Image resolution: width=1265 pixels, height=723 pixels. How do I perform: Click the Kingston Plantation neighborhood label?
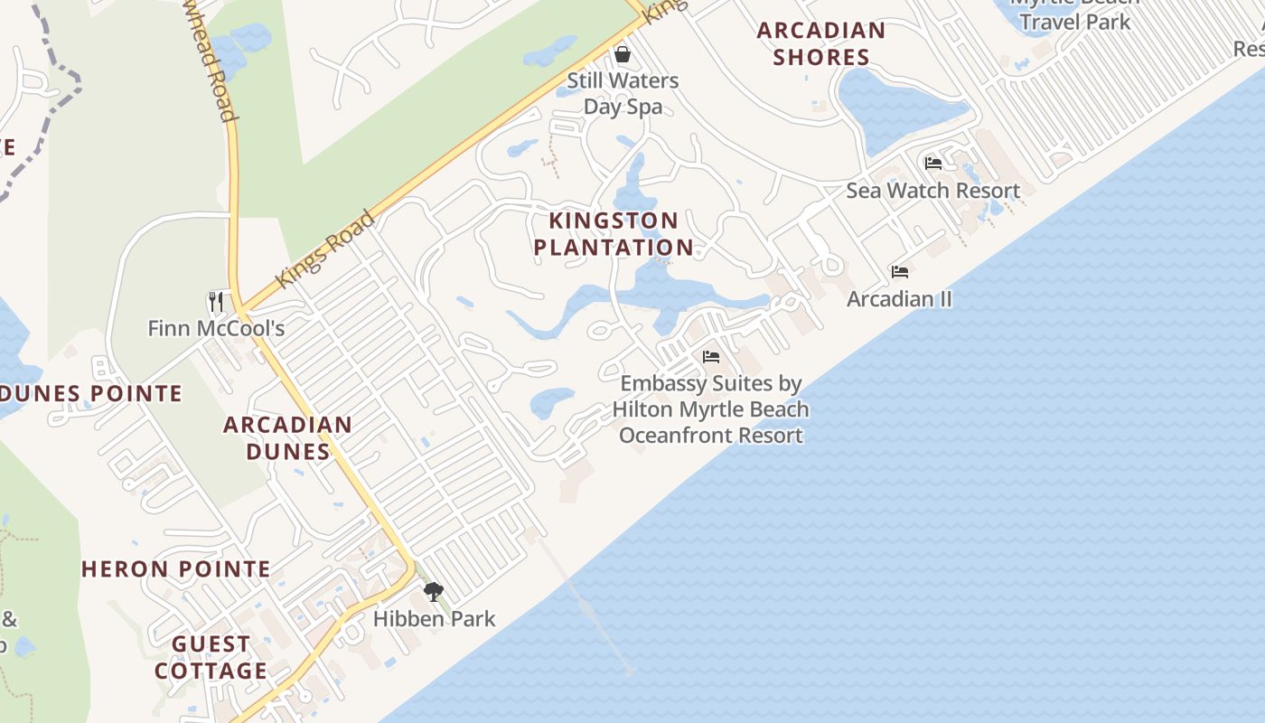(614, 234)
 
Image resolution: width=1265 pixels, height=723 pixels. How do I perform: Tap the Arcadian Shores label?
(820, 43)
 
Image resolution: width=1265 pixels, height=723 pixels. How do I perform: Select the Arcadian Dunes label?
(287, 437)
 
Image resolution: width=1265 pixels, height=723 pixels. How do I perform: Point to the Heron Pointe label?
(176, 569)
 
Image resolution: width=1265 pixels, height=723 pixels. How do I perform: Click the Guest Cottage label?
(211, 657)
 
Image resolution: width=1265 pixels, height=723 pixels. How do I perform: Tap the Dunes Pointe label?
(90, 394)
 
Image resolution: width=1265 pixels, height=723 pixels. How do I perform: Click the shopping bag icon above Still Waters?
(622, 54)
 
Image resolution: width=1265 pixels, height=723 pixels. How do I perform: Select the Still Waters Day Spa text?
(623, 93)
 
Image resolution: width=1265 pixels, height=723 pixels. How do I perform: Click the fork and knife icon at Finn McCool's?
(215, 301)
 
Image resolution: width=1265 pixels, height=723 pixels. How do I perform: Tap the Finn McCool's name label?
(216, 328)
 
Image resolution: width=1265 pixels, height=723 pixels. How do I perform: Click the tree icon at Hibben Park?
(434, 592)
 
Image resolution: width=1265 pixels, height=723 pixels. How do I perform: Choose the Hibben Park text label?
(435, 619)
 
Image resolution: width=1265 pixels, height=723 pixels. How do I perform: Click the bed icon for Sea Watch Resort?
(933, 164)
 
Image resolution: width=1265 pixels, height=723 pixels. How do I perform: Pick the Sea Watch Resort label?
(932, 191)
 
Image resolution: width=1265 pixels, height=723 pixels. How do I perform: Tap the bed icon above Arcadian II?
(899, 271)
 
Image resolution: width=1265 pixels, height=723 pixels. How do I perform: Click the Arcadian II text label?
(899, 298)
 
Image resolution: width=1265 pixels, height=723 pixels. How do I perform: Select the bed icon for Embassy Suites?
(711, 357)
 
